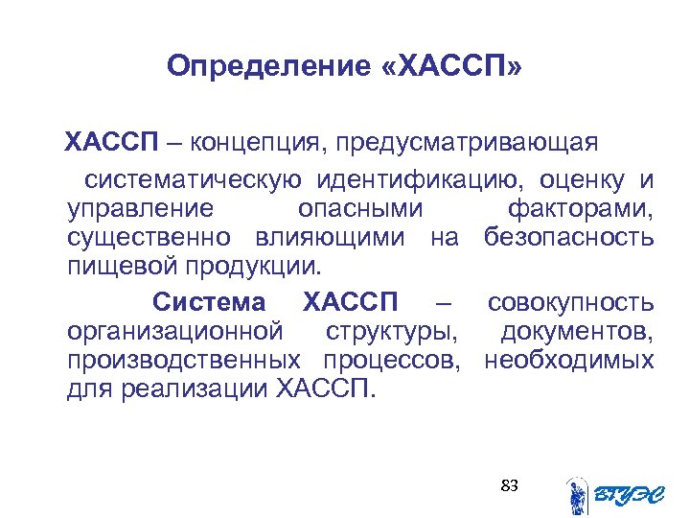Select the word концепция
252,143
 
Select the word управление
140,208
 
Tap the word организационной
175,332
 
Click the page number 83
509,485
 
